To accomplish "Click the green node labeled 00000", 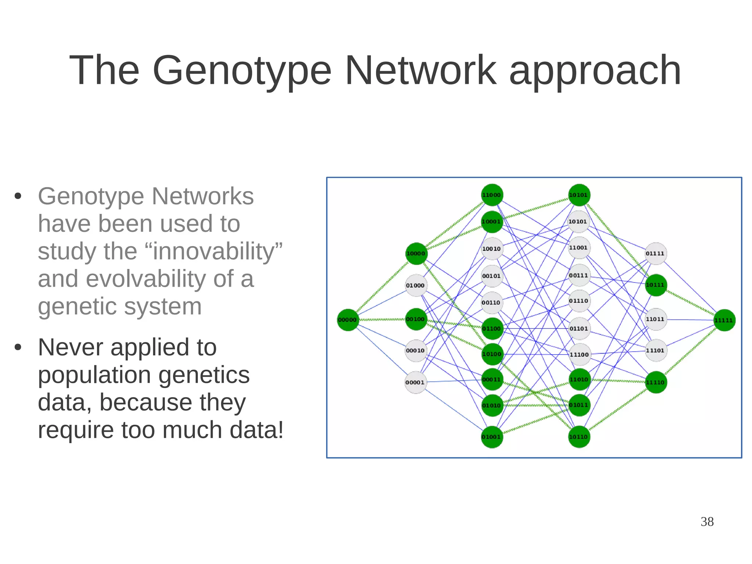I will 347,320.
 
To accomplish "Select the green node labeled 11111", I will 724,320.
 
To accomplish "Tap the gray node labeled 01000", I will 416,285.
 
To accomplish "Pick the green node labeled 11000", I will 492,195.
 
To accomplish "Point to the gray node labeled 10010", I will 492,249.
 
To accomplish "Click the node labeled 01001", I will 492,437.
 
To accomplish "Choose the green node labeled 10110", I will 579,437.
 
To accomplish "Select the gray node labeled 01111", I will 655,254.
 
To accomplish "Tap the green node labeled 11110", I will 655,382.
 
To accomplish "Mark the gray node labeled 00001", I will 415,382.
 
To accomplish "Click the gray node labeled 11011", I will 655,319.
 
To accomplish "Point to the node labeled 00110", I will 492,303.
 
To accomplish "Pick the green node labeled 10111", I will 655,285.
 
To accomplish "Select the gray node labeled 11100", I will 579,355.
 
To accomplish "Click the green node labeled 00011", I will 492,380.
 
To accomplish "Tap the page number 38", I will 707,522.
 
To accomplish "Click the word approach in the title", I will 595,71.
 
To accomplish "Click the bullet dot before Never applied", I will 18,347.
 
